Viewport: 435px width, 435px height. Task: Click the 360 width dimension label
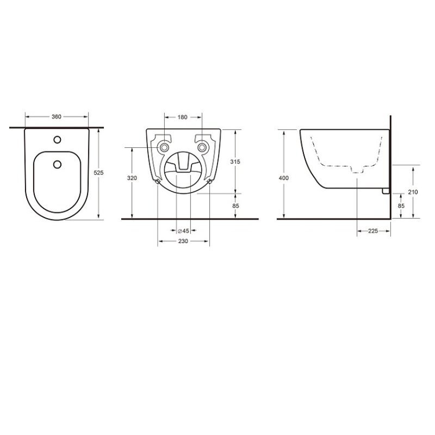(x=57, y=117)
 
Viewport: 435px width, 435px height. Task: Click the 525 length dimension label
(x=98, y=172)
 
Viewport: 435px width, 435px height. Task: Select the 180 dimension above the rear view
(x=182, y=117)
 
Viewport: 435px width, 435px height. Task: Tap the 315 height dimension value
(x=235, y=161)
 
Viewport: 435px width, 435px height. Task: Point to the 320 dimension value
(x=132, y=178)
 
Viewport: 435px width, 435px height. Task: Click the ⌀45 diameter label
(x=183, y=231)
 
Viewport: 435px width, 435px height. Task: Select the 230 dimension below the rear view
(x=183, y=241)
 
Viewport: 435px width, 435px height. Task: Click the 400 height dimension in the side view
(x=283, y=178)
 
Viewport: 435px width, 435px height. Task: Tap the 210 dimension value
(x=413, y=192)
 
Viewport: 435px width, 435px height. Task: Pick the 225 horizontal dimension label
(x=373, y=231)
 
